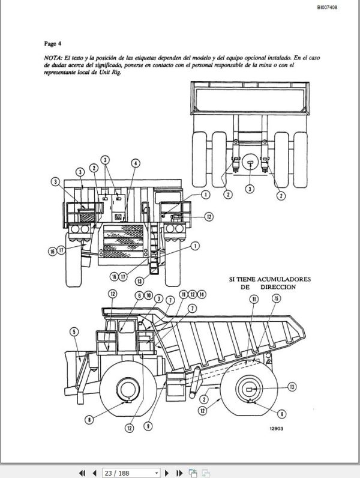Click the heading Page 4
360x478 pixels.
point(53,43)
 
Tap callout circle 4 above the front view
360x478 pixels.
point(136,163)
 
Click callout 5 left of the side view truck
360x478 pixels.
point(74,331)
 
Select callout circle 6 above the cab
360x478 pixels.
point(139,295)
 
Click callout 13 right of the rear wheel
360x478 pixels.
point(292,386)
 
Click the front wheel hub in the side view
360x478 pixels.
point(126,389)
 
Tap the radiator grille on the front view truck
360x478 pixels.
point(124,240)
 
